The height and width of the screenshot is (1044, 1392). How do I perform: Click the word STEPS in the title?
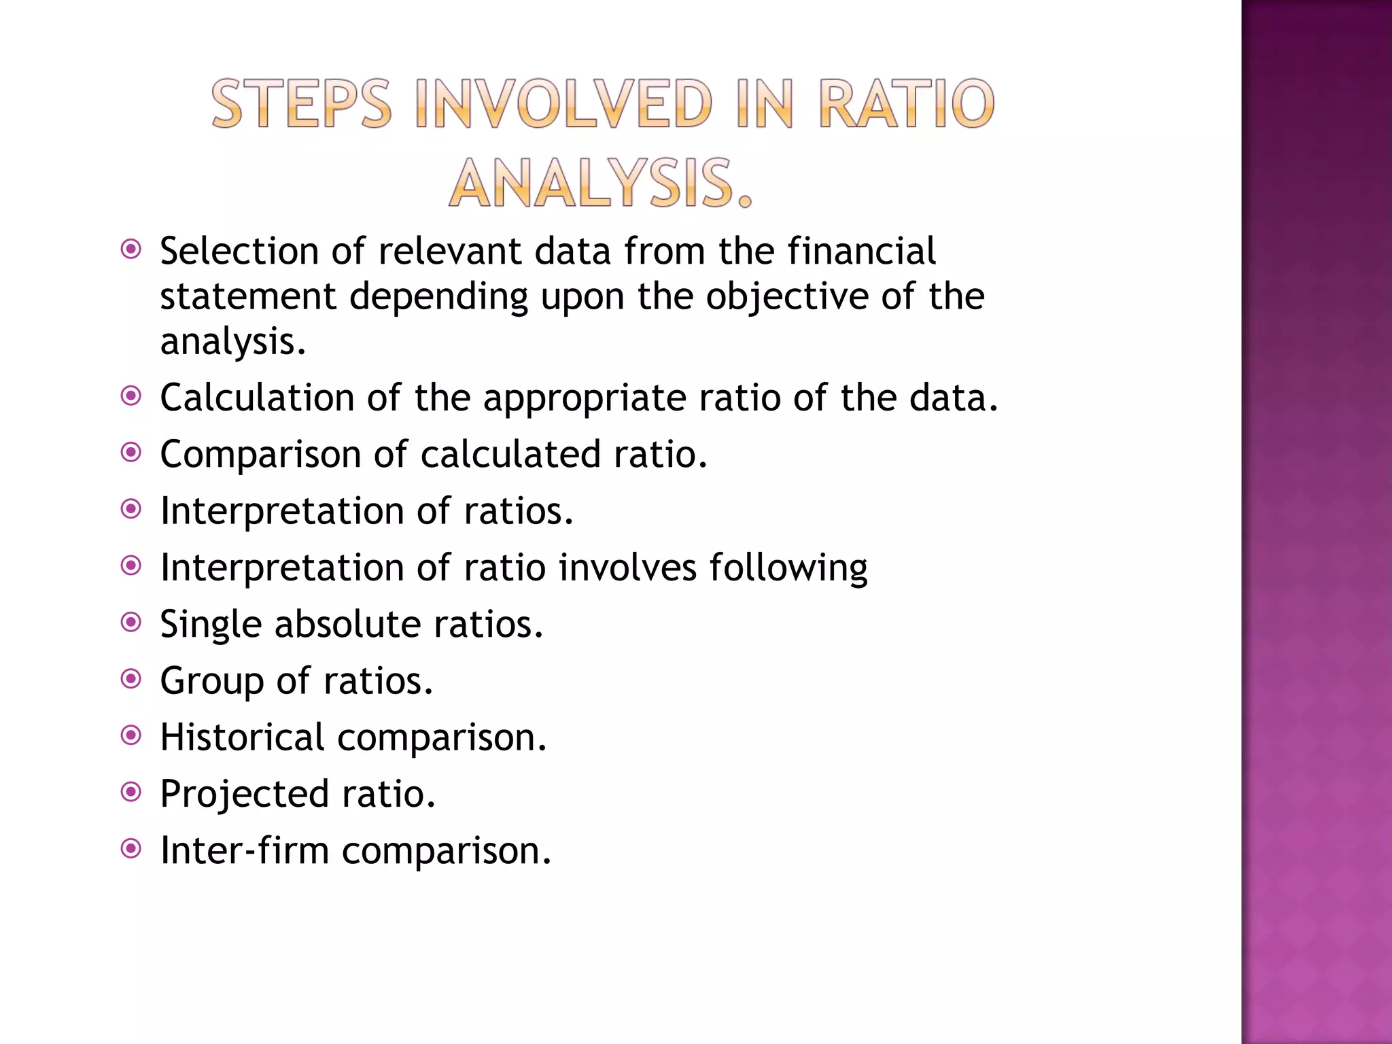tap(302, 104)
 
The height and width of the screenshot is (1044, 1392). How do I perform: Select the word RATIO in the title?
tap(907, 104)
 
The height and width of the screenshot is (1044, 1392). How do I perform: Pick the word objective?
tap(786, 297)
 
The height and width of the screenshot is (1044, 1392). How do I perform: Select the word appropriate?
tap(584, 399)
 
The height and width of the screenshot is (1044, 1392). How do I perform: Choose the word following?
tap(788, 568)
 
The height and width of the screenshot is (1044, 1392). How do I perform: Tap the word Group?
tap(211, 682)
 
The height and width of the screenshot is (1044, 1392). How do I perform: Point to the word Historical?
tap(242, 737)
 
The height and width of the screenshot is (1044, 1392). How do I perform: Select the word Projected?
tap(244, 795)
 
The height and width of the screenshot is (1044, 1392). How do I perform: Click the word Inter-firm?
tap(244, 850)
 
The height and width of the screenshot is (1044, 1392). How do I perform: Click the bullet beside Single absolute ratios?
tap(130, 622)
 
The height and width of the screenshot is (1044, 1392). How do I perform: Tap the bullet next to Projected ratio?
tap(130, 791)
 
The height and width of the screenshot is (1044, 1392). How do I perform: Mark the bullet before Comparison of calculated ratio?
tap(130, 452)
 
